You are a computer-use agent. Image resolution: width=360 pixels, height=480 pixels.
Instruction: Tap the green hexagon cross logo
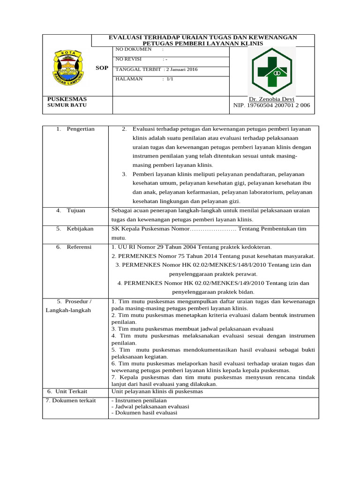[272, 71]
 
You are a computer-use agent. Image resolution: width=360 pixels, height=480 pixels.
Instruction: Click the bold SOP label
[102, 68]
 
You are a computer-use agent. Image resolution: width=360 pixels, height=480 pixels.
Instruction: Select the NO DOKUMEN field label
[134, 49]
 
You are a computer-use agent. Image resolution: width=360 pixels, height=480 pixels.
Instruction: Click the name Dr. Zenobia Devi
[271, 99]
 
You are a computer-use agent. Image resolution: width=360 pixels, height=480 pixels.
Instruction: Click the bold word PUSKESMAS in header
[67, 99]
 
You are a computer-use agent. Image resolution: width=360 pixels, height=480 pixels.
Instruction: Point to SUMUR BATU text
[67, 105]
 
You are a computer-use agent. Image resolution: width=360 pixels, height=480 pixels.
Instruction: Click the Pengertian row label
[80, 129]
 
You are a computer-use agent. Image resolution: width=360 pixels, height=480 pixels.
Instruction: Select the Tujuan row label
[75, 210]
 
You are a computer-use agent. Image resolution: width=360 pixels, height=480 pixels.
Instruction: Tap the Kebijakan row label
[80, 229]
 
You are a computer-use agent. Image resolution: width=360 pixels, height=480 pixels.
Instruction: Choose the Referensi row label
[79, 247]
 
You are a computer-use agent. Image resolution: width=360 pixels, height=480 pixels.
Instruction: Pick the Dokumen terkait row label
[71, 400]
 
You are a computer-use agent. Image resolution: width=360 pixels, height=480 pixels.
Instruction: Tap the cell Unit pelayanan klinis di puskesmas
[157, 391]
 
